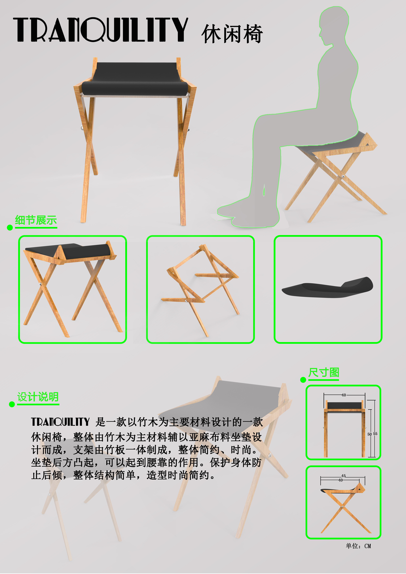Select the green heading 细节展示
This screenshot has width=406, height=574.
(36, 220)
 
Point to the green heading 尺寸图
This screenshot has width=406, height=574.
(323, 372)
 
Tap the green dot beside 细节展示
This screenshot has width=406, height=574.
(10, 228)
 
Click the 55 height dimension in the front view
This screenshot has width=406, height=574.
(375, 434)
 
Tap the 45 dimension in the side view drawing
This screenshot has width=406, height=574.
(343, 476)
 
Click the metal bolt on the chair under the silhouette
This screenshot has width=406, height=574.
(343, 176)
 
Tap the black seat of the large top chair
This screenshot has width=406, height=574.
(135, 77)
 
